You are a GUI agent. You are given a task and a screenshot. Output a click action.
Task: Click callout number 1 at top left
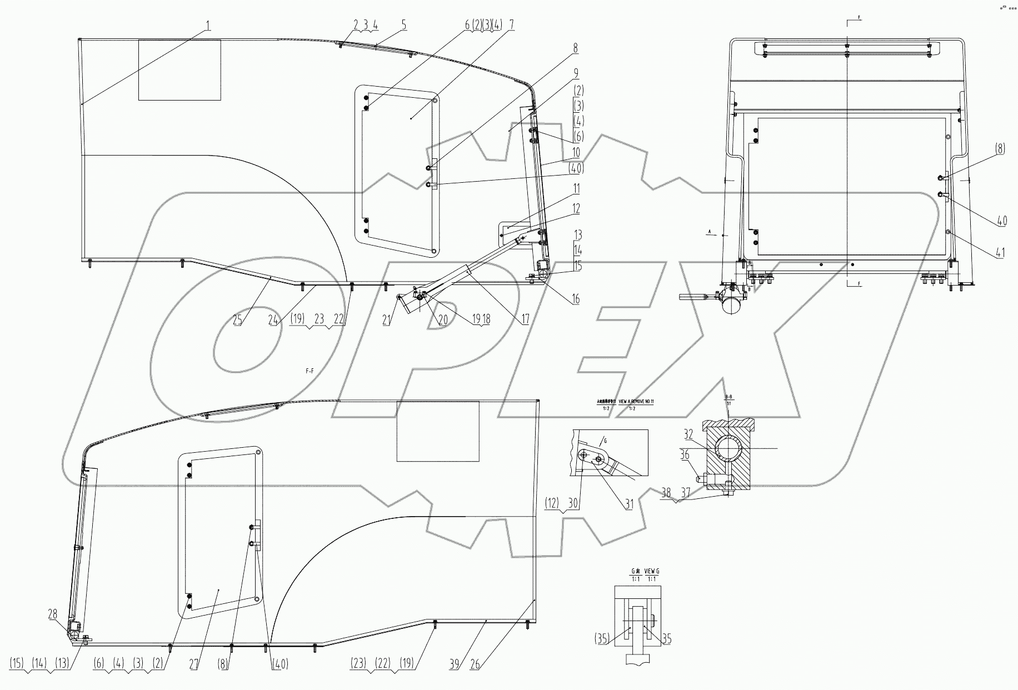tap(208, 25)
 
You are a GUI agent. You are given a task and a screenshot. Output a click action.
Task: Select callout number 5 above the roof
tap(403, 24)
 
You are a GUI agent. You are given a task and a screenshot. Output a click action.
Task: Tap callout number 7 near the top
tap(511, 24)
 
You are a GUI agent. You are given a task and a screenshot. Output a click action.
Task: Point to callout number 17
tap(525, 319)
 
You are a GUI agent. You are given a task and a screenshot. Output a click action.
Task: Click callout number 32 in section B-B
tap(688, 434)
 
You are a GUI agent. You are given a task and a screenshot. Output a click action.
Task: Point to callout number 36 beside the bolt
tap(685, 455)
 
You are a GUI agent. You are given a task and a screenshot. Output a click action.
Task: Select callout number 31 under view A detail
tap(628, 504)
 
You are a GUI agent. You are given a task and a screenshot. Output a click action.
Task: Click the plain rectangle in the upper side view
tap(179, 70)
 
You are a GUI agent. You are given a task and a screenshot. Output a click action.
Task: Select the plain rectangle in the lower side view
tap(438, 431)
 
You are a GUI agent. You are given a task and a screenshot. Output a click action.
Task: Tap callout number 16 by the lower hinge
tap(576, 299)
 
